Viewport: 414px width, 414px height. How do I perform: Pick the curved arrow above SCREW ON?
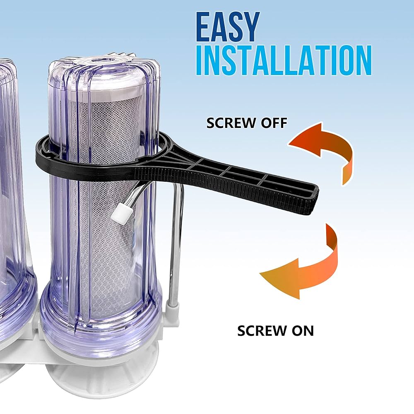coord(302,265)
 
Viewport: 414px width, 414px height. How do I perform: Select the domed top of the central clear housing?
coord(103,66)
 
